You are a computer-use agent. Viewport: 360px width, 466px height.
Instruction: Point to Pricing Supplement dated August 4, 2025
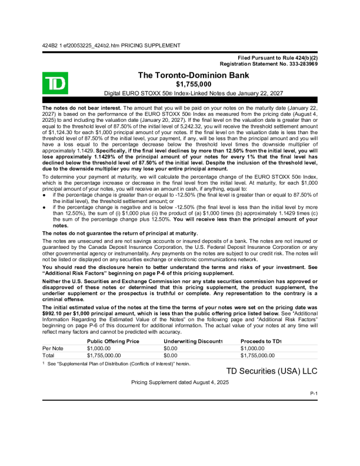(179, 382)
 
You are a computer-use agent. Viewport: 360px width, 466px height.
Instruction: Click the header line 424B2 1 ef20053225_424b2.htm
(111, 45)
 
